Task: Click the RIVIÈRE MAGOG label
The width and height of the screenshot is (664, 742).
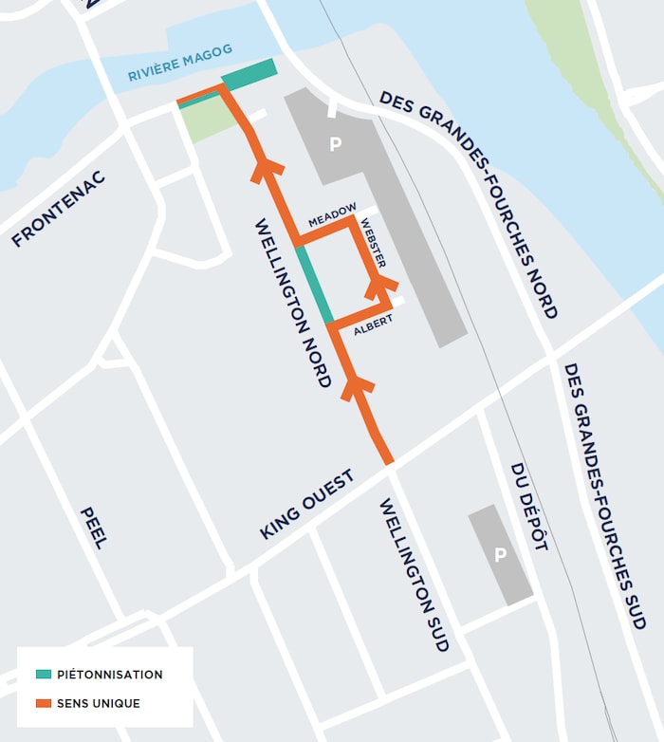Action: point(180,64)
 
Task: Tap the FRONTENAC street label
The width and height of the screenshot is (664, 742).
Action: point(59,210)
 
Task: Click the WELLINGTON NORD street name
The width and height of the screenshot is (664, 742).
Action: point(293,303)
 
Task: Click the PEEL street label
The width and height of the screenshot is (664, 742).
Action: point(93,527)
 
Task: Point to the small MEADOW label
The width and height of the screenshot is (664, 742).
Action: point(332,216)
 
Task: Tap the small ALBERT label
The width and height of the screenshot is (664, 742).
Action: point(372,325)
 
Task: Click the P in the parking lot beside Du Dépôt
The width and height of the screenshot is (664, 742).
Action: point(500,555)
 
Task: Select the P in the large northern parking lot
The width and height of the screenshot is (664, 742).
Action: point(334,144)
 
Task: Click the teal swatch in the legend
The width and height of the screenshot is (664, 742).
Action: point(44,675)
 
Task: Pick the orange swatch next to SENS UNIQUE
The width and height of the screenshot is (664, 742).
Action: point(44,703)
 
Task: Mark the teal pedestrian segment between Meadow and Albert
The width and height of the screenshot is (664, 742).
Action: point(314,285)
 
